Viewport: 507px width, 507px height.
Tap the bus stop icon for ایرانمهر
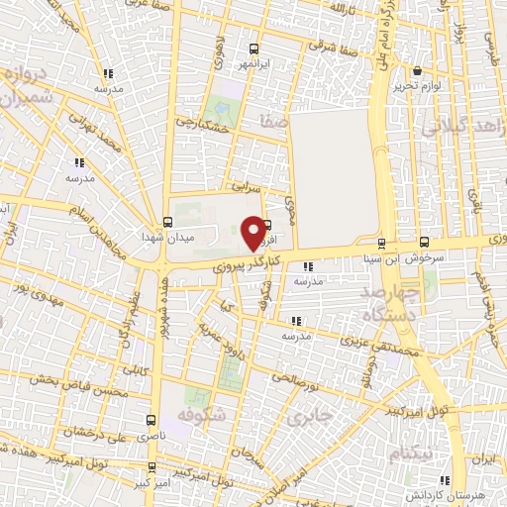tap(254, 48)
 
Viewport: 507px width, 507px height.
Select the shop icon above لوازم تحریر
tap(417, 71)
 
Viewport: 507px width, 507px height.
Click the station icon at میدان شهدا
tap(166, 222)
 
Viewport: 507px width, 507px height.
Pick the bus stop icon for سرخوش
tap(425, 242)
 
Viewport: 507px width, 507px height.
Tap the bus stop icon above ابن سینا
tap(381, 243)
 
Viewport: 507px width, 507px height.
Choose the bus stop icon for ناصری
tap(152, 420)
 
